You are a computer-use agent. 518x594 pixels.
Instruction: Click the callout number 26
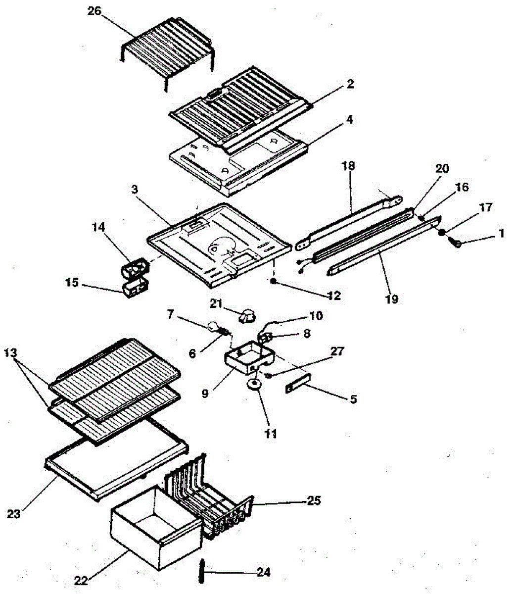click(x=94, y=12)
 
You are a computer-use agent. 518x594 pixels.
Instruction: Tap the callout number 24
click(x=264, y=573)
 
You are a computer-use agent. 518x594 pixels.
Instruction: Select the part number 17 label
click(x=486, y=207)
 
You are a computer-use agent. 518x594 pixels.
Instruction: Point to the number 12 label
click(x=334, y=296)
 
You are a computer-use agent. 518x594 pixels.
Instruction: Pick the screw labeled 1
click(x=456, y=243)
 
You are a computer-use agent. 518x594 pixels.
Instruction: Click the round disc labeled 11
click(x=255, y=386)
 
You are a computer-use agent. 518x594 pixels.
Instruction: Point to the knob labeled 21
click(x=247, y=315)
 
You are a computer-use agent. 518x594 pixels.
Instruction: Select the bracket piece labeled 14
click(x=135, y=268)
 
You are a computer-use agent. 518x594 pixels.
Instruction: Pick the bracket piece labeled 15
click(x=134, y=288)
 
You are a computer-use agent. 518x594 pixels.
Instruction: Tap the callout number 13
click(x=11, y=353)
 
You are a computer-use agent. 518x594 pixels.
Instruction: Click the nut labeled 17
click(x=442, y=232)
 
